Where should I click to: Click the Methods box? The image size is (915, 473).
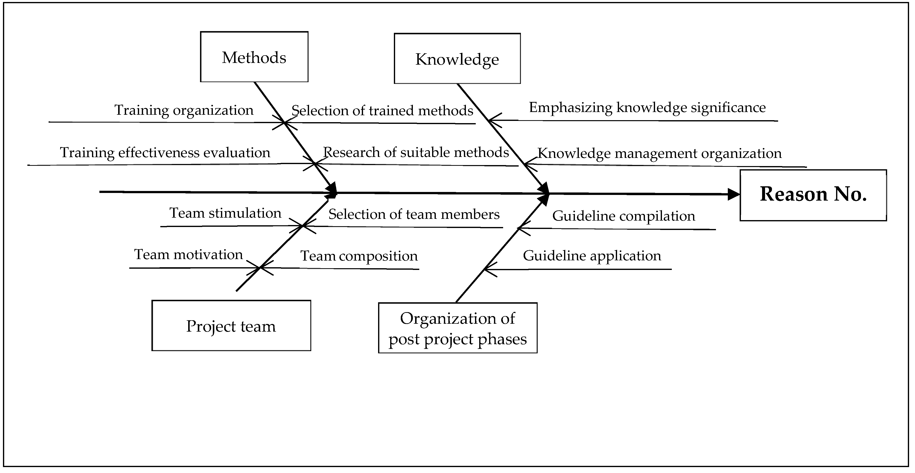point(254,57)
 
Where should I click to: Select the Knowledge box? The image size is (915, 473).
point(457,59)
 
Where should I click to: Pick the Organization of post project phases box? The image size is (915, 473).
point(457,328)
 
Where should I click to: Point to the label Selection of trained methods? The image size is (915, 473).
point(382,111)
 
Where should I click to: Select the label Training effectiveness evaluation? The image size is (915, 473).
point(165,152)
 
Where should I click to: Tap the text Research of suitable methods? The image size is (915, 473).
point(416,152)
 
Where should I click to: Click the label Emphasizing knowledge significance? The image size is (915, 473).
point(647,107)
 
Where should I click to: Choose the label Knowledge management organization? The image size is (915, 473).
point(659,153)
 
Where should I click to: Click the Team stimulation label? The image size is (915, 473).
point(225,213)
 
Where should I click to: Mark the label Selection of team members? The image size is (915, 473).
point(414,214)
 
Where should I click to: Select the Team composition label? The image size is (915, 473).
point(359,256)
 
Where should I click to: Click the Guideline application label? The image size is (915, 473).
point(592,256)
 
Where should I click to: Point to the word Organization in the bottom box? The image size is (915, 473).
point(457,318)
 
